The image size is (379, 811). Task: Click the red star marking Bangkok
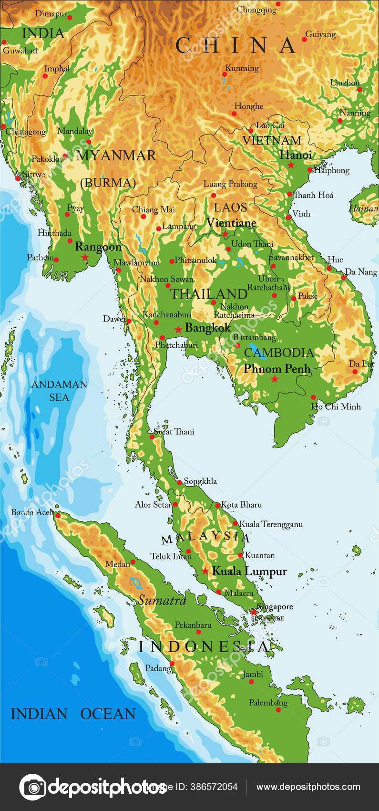pyautogui.click(x=178, y=330)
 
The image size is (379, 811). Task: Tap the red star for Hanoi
pyautogui.click(x=291, y=165)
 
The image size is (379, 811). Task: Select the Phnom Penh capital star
pyautogui.click(x=275, y=379)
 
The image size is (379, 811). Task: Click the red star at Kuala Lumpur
pyautogui.click(x=205, y=571)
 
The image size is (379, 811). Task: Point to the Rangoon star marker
pyautogui.click(x=85, y=258)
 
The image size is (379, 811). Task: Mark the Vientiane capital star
pyautogui.click(x=225, y=234)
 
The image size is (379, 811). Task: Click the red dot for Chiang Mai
pyautogui.click(x=143, y=217)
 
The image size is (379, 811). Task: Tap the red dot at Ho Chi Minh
pyautogui.click(x=313, y=397)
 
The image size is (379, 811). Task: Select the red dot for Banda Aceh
pyautogui.click(x=58, y=515)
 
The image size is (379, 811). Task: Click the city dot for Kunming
pyautogui.click(x=225, y=74)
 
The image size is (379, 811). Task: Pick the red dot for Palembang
pyautogui.click(x=278, y=710)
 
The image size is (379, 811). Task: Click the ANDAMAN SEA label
pyautogui.click(x=59, y=391)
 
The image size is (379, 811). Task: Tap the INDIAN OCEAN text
pyautogui.click(x=73, y=714)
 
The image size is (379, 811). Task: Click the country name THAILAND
pyautogui.click(x=209, y=294)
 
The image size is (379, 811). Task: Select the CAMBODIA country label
pyautogui.click(x=279, y=353)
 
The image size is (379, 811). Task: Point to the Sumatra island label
pyautogui.click(x=162, y=600)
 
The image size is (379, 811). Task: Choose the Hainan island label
pyautogui.click(x=363, y=208)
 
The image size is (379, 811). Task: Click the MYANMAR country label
pyautogui.click(x=116, y=156)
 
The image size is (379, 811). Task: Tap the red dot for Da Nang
pyautogui.click(x=344, y=278)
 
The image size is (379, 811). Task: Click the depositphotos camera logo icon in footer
pyautogui.click(x=32, y=787)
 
